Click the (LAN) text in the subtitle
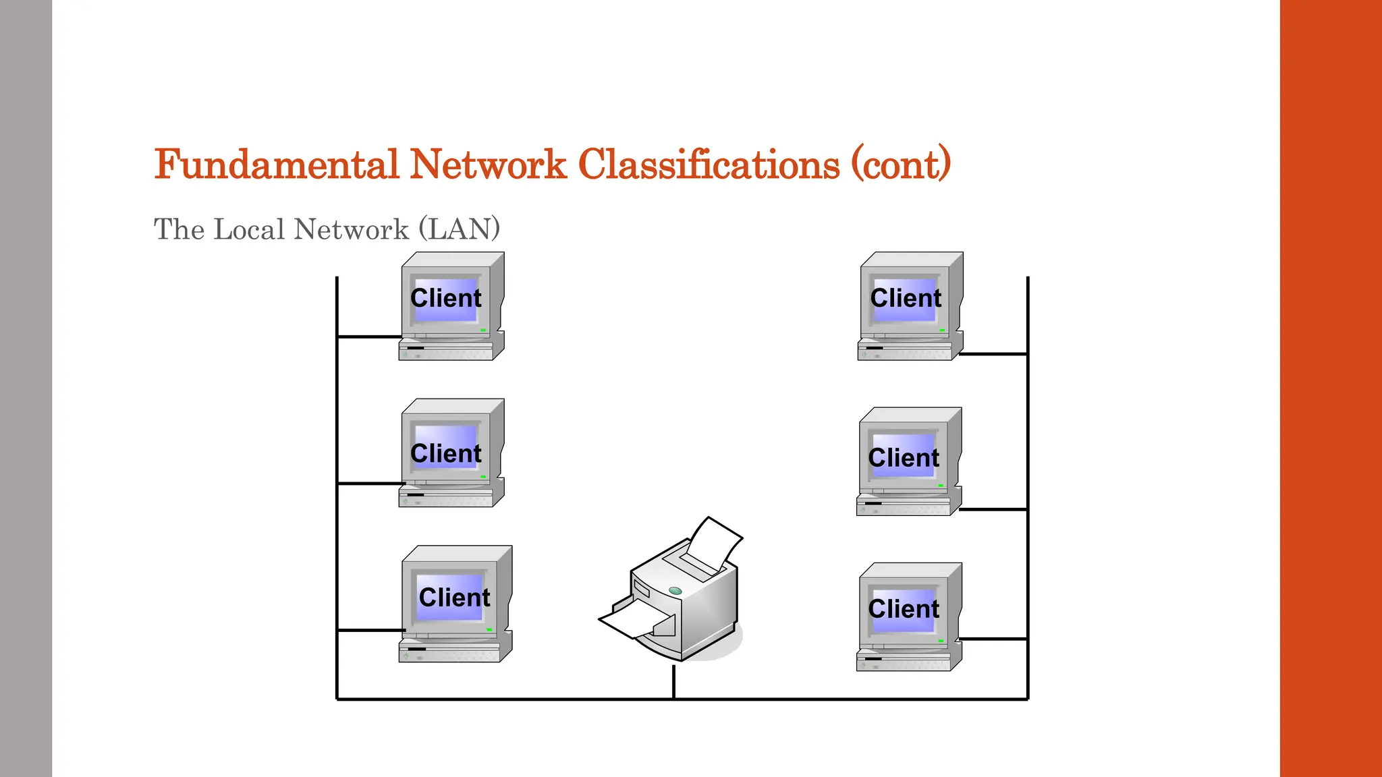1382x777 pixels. tap(459, 229)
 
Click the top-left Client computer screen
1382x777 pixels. tap(446, 299)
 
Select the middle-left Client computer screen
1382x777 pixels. tap(446, 451)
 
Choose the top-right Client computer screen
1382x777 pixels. tap(905, 299)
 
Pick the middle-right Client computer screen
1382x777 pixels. tap(904, 455)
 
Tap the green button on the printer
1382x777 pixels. tap(675, 591)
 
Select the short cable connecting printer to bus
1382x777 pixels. tap(673, 681)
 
